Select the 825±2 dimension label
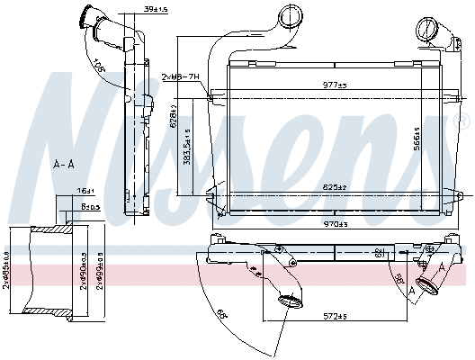(335, 187)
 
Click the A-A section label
(63, 165)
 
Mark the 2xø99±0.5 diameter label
(100, 267)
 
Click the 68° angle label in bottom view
(219, 315)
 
